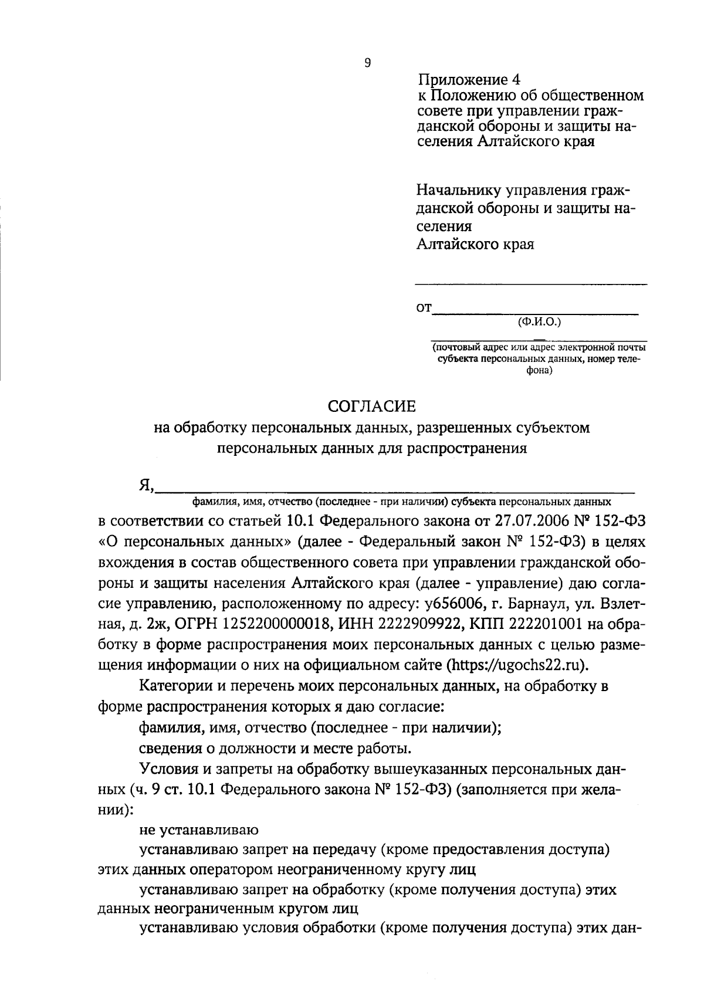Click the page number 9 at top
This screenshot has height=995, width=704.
(367, 63)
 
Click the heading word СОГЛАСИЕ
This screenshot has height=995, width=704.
(371, 406)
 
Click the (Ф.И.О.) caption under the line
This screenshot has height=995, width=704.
(540, 321)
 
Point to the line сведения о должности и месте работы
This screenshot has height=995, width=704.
(275, 749)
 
